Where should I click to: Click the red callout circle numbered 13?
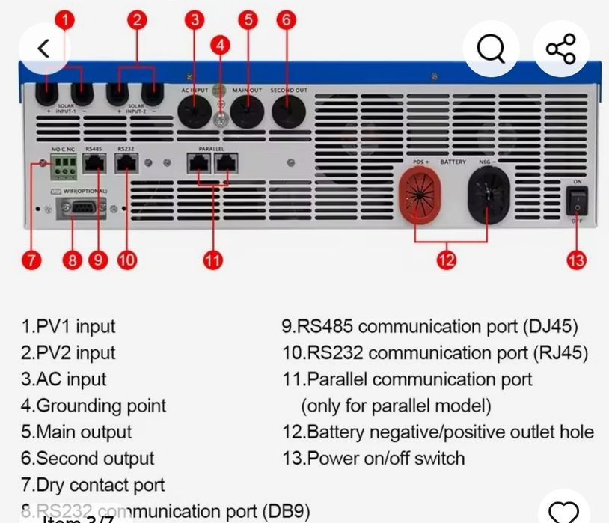click(576, 260)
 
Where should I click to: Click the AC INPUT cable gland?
click(195, 115)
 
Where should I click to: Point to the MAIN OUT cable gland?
click(247, 114)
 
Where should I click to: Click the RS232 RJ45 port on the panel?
click(126, 165)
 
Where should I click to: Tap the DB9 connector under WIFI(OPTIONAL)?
click(77, 210)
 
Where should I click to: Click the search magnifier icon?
click(491, 49)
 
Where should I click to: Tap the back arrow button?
click(44, 49)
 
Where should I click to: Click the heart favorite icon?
click(563, 513)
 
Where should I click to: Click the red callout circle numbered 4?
click(220, 45)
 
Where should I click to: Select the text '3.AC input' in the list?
click(64, 379)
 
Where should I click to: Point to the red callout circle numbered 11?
click(212, 260)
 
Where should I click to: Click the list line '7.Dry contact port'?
click(93, 484)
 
